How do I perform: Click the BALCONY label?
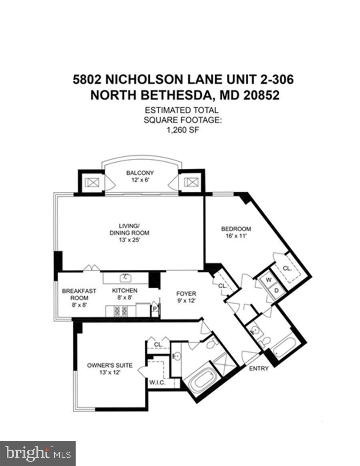[140, 173]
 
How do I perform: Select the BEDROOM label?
[236, 229]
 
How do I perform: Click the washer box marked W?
[269, 280]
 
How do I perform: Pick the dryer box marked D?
[276, 290]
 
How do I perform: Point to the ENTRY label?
[259, 368]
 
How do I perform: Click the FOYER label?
[186, 294]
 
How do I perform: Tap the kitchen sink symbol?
[125, 277]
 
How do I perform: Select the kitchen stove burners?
[121, 311]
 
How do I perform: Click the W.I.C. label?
[157, 383]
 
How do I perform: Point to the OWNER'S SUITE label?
[110, 365]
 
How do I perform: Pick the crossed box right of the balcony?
[191, 182]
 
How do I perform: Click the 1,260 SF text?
[181, 130]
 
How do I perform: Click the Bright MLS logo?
[38, 453]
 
